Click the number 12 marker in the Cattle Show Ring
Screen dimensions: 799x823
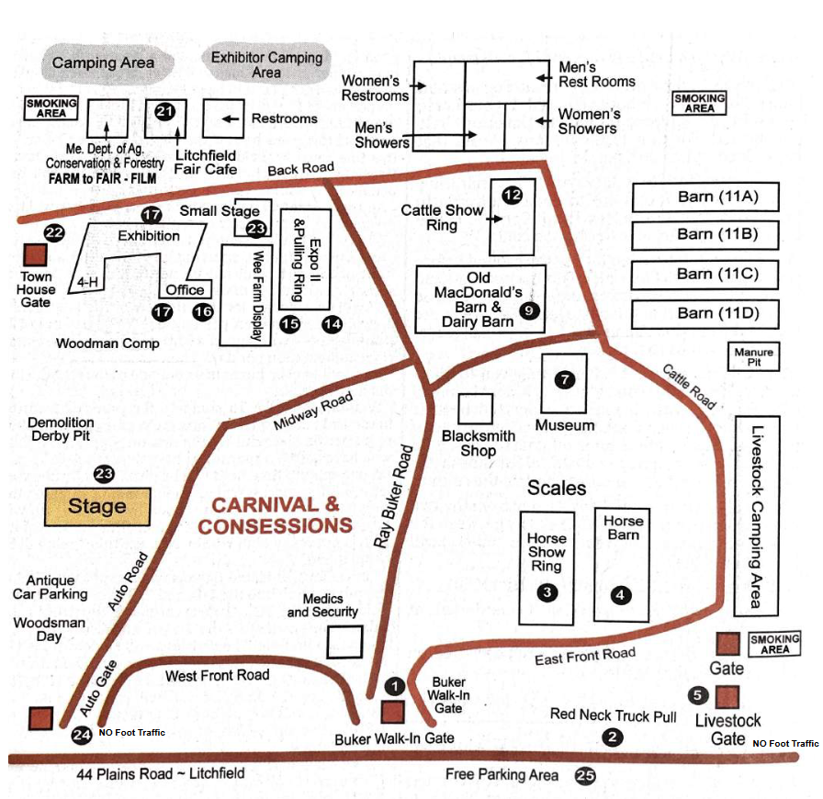point(512,195)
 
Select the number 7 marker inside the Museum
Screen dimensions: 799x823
point(565,379)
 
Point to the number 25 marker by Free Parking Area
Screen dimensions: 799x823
point(585,776)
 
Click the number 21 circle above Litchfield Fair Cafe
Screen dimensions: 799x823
point(165,112)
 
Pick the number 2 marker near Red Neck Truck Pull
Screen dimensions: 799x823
point(613,737)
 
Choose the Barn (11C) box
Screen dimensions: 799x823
point(705,275)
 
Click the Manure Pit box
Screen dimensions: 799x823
point(753,356)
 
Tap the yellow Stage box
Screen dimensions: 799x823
point(96,506)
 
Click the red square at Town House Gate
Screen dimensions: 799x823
point(36,255)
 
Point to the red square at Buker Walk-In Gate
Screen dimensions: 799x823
point(393,712)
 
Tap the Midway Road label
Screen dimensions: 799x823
point(313,411)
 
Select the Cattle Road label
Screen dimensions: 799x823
point(689,383)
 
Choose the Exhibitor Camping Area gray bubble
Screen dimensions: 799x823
point(266,63)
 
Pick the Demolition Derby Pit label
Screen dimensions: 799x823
point(62,429)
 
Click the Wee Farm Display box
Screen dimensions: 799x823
point(242,295)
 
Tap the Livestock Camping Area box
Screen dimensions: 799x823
point(757,515)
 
